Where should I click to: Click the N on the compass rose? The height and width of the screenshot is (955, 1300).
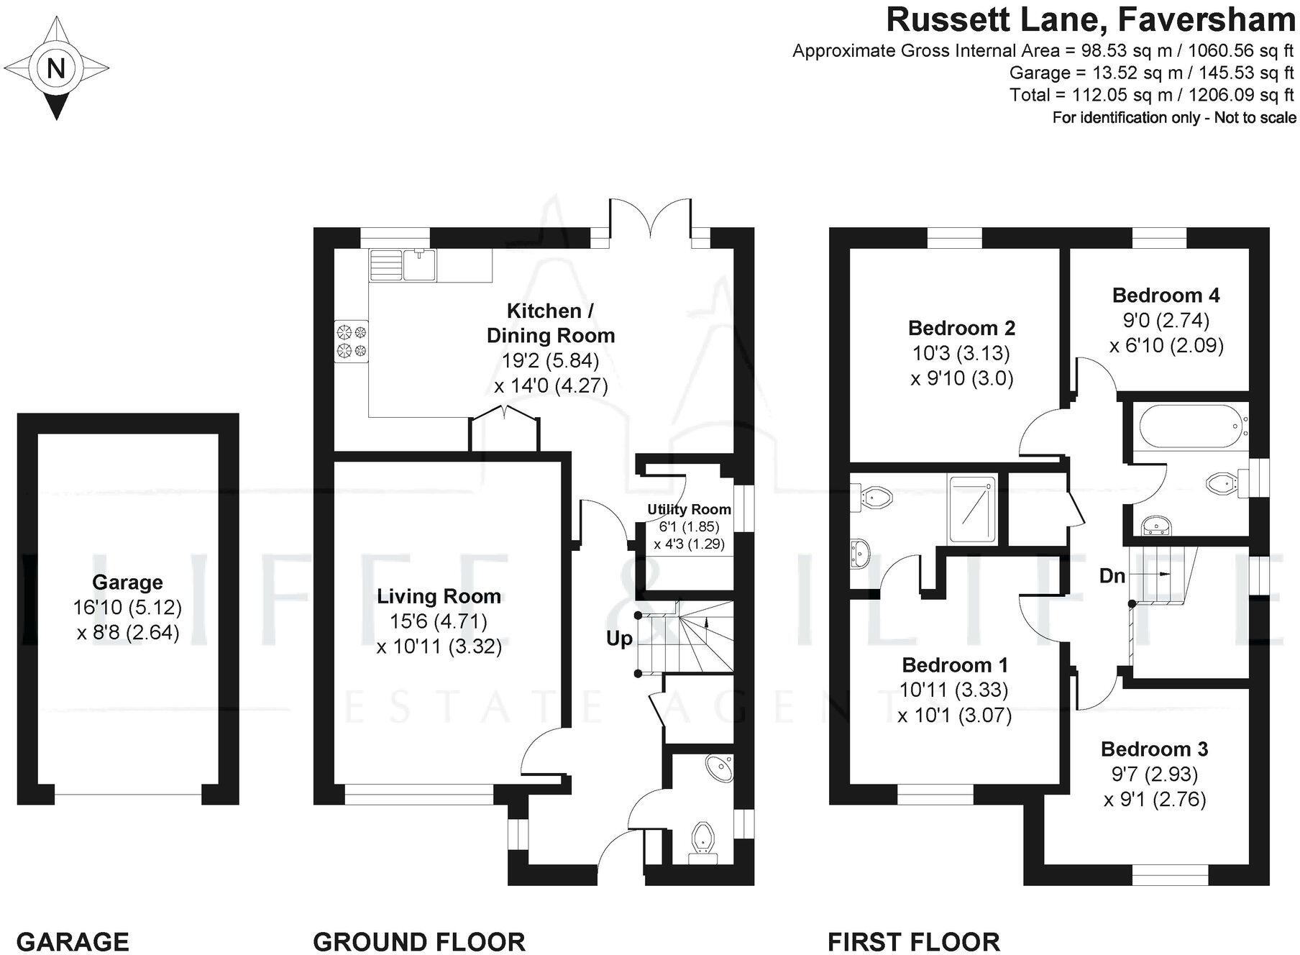[55, 68]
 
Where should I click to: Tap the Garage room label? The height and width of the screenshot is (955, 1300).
[127, 582]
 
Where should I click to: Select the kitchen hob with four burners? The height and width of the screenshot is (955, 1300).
[351, 341]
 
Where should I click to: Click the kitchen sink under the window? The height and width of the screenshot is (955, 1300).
[420, 264]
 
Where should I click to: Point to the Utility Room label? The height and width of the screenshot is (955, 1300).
[689, 510]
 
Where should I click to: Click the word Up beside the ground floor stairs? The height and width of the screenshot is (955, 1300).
[619, 639]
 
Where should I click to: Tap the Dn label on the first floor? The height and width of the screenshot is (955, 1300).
[1112, 576]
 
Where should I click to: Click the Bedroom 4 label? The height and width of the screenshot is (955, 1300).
[1166, 295]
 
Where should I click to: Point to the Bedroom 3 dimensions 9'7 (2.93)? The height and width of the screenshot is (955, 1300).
[1154, 774]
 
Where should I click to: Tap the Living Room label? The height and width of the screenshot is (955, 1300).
[439, 596]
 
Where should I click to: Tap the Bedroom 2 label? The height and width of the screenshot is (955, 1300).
[961, 328]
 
